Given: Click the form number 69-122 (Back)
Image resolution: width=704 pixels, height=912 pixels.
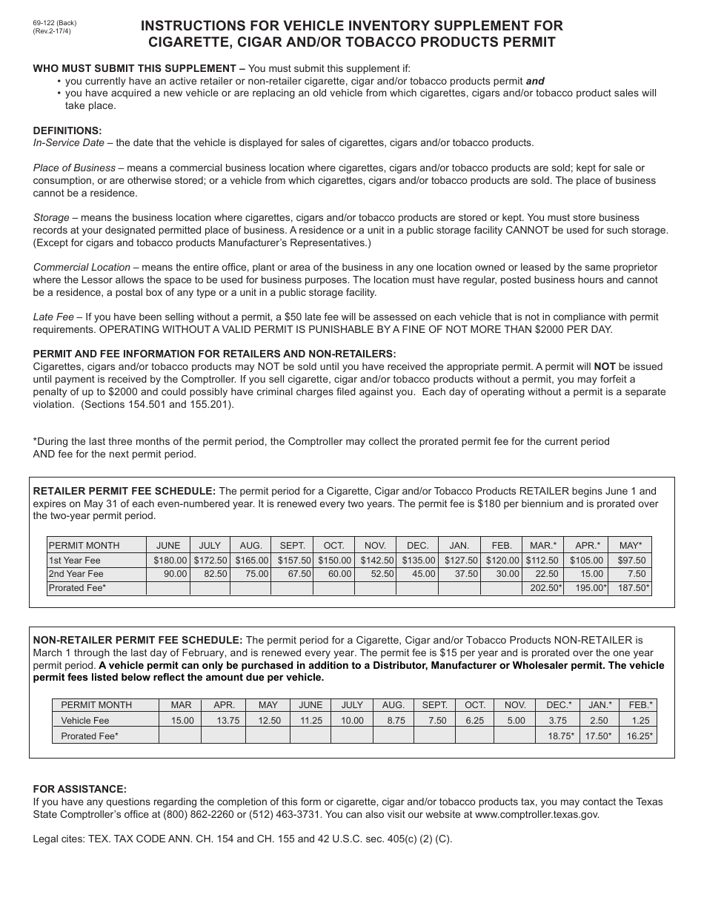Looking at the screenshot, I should [55, 23].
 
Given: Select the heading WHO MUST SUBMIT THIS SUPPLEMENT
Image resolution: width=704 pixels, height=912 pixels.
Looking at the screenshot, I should [139, 69].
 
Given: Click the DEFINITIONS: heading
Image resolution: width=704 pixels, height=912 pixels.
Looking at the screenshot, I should [67, 130].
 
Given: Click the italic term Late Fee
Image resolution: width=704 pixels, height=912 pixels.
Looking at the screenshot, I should [53, 317].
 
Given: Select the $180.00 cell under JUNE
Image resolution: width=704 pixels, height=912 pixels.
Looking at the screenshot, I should [170, 561].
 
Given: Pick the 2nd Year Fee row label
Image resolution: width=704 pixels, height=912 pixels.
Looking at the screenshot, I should [76, 574].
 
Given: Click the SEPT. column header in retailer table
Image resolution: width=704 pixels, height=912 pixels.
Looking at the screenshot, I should [292, 545].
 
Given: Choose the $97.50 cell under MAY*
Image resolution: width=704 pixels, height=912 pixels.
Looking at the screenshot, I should [631, 561].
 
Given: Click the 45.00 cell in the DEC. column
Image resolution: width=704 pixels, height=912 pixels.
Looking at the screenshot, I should [418, 574].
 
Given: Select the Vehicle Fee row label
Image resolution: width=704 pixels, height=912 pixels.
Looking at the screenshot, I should [85, 720].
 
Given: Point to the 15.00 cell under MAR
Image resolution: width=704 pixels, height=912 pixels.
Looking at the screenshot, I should [182, 720].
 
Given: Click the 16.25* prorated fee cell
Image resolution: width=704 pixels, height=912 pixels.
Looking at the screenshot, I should [642, 736].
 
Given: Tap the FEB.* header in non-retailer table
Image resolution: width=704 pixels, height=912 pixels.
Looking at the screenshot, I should [640, 704].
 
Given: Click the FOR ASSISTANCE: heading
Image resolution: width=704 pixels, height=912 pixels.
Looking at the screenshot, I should [80, 789].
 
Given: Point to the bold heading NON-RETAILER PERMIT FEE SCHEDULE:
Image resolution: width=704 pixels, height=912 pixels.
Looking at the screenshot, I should [138, 640].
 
